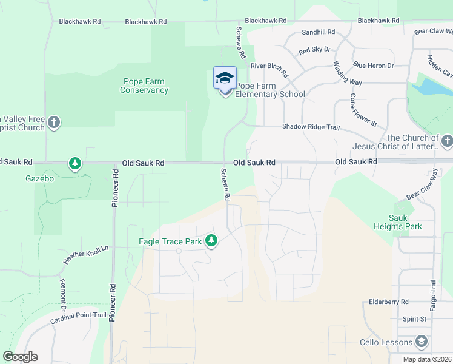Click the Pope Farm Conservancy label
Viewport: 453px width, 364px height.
click(144, 86)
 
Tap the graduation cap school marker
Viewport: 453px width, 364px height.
click(225, 79)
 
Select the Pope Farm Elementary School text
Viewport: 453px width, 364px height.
click(269, 90)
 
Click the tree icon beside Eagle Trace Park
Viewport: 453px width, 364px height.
click(211, 241)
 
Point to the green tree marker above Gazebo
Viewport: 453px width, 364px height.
click(75, 163)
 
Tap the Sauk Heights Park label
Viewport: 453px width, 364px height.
click(405, 222)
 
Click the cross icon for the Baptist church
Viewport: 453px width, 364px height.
click(54, 122)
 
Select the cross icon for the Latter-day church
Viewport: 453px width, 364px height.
click(447, 141)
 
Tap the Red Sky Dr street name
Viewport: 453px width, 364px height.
click(314, 50)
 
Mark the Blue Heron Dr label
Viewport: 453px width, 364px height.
click(374, 66)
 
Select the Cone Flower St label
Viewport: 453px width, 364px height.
click(363, 110)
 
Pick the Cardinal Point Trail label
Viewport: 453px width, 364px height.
click(78, 316)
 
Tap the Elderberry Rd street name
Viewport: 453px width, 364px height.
click(389, 302)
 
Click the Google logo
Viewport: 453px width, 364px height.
click(21, 357)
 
